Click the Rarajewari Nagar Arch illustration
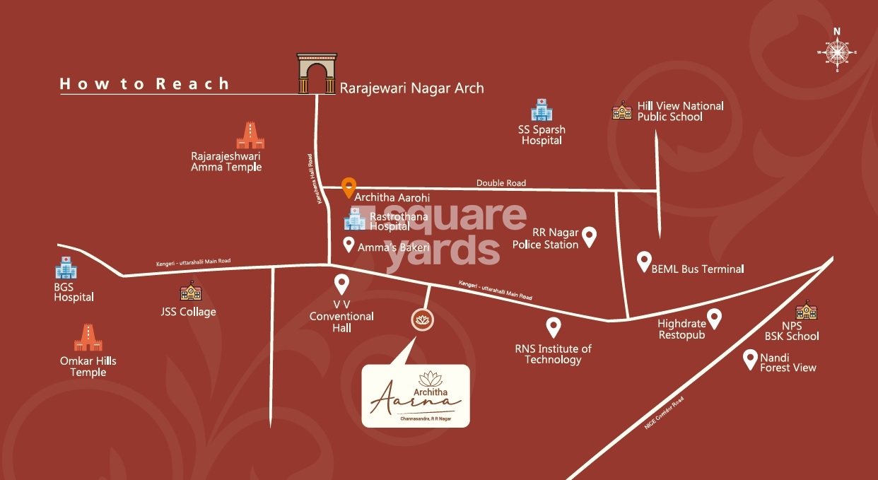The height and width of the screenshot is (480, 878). (x=316, y=74)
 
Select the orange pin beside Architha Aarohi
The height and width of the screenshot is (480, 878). (x=348, y=187)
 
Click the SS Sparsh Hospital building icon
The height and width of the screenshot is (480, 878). (x=541, y=110)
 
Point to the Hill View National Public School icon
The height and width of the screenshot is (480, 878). (x=621, y=110)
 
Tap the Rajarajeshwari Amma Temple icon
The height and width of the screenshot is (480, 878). (x=250, y=135)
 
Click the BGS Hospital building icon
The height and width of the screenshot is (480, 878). (x=66, y=268)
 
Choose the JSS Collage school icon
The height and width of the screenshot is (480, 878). (x=190, y=291)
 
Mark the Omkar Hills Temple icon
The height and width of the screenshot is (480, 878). (x=88, y=338)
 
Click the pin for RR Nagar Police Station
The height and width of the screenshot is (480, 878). (x=588, y=236)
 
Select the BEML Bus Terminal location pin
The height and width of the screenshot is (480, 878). (x=643, y=261)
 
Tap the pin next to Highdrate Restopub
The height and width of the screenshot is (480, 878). (x=715, y=318)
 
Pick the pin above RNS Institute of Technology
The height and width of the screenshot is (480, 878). (x=554, y=327)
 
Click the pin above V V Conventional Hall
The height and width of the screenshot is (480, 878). (x=341, y=284)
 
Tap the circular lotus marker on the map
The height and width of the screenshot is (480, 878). (x=423, y=320)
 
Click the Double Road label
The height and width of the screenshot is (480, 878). (x=501, y=183)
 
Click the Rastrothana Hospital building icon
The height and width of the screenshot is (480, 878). (x=355, y=219)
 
